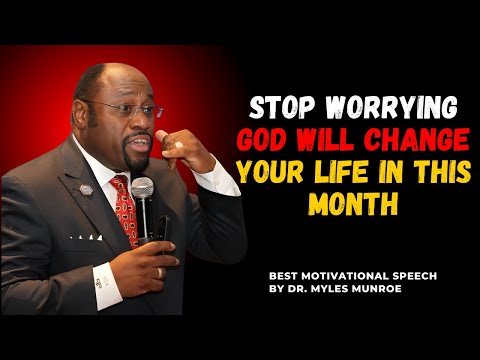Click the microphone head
point(143,188)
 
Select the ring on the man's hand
point(159,271)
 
